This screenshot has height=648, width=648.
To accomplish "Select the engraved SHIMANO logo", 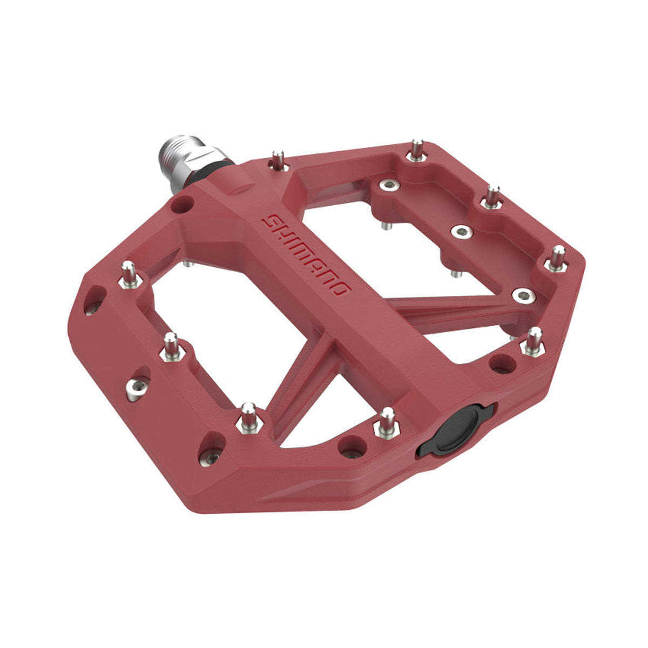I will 306,254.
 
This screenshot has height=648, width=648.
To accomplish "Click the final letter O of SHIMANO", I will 342,289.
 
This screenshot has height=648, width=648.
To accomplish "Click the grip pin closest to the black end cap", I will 387,422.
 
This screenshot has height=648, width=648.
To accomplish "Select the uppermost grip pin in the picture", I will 416,150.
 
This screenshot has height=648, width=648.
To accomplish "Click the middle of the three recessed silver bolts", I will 461,231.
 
